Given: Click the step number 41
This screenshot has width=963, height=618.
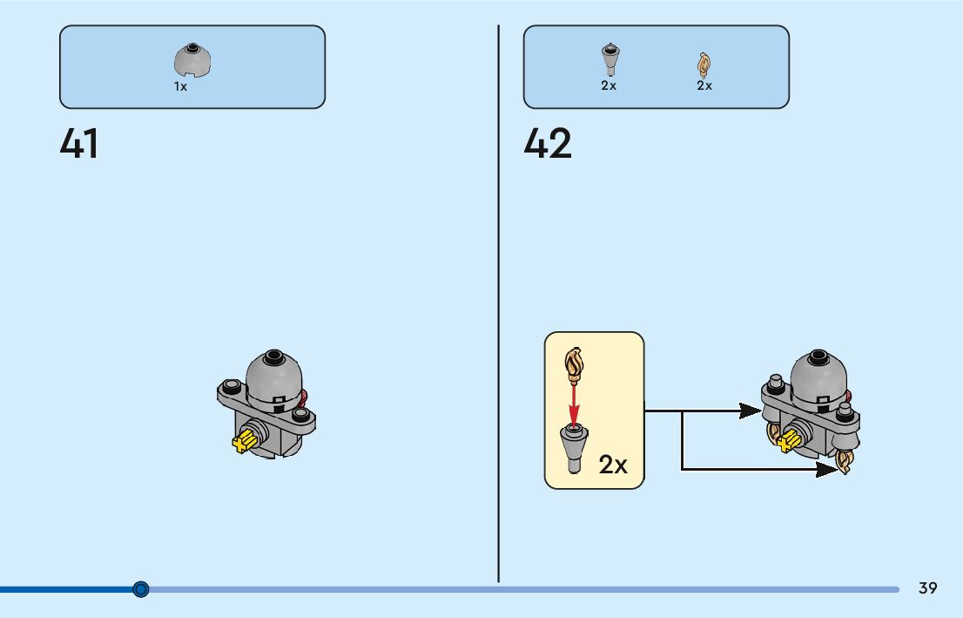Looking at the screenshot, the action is click(79, 144).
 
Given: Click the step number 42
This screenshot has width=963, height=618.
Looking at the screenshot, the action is click(548, 144).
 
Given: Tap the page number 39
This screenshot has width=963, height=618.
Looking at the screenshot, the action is click(928, 588).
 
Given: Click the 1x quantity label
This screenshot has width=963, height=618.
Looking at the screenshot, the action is click(180, 87).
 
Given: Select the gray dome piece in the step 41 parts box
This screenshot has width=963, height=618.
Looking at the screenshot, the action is click(193, 61).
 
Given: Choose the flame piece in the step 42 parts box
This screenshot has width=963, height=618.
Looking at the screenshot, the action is click(704, 64).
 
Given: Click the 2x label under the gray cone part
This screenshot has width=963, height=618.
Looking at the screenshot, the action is click(609, 85).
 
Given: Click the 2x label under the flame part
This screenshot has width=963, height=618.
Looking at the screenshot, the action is click(704, 85).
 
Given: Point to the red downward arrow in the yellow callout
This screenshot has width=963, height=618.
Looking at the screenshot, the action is click(574, 401).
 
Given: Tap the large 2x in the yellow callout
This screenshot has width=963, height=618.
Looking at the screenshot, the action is click(613, 465).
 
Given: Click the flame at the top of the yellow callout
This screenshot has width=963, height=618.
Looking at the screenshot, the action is click(574, 363).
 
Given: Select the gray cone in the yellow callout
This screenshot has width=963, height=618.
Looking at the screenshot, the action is click(573, 445).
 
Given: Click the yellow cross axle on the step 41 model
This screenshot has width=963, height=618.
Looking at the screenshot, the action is click(244, 442).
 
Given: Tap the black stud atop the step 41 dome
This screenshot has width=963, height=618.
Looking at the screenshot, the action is click(274, 356).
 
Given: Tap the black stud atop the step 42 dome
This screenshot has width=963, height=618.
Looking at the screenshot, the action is click(818, 356).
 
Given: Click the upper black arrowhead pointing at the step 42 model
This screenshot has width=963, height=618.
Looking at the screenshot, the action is click(749, 411).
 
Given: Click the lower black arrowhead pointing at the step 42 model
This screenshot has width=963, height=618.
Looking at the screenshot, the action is click(826, 470).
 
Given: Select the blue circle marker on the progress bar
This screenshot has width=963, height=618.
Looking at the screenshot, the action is click(141, 589).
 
